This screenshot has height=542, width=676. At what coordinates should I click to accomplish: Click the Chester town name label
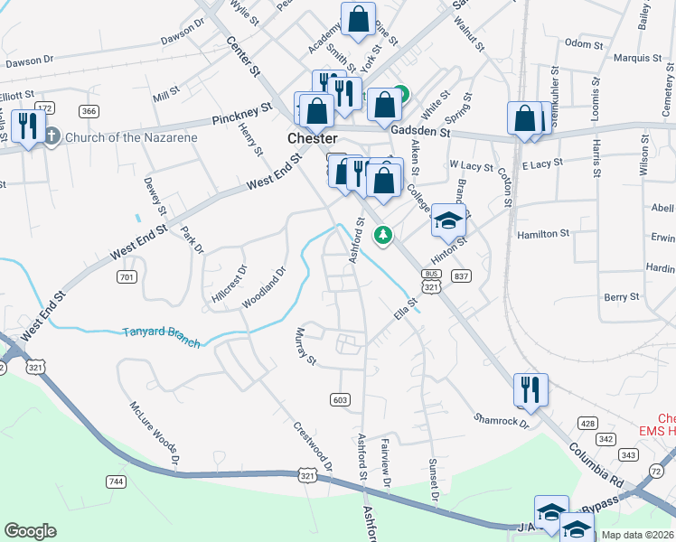click(x=312, y=138)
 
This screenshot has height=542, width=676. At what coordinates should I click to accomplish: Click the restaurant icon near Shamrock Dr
click(x=530, y=389)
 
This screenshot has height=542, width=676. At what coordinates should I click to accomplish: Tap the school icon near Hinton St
click(x=448, y=220)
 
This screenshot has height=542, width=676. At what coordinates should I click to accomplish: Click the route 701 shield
click(x=127, y=276)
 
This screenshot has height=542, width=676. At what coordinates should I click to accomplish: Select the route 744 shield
click(x=115, y=481)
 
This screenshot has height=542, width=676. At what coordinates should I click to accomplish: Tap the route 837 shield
click(x=462, y=276)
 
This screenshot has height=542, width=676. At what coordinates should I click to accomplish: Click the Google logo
click(x=30, y=531)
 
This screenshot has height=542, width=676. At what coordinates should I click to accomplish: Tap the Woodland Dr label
click(x=262, y=286)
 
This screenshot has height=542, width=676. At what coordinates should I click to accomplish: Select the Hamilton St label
click(x=542, y=233)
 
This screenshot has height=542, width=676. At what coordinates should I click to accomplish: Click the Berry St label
click(x=622, y=296)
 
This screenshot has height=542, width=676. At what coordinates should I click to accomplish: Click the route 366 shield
click(x=89, y=111)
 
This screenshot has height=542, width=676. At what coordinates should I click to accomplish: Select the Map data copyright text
click(x=637, y=535)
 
